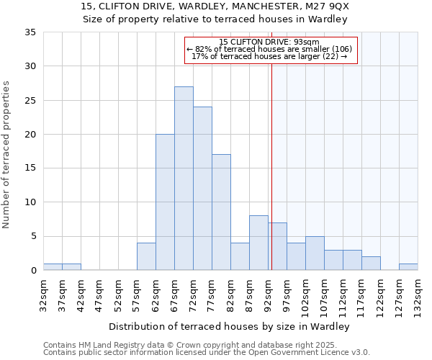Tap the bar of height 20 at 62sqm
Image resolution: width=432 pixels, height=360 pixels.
point(165,202)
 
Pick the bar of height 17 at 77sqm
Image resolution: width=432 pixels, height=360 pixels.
point(221,212)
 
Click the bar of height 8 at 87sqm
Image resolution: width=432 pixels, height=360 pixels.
point(258,243)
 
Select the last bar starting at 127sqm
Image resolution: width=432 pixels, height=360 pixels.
point(408,266)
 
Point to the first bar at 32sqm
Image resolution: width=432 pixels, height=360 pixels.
point(53,266)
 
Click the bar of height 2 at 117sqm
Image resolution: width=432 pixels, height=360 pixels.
point(371,264)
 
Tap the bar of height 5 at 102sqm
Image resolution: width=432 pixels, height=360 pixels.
point(315,253)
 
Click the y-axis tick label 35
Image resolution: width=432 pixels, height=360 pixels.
point(30,32)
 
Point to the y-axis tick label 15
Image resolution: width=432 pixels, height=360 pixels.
point(30,168)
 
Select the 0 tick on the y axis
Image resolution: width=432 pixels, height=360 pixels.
point(33,271)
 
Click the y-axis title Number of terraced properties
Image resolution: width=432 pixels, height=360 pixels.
point(7,155)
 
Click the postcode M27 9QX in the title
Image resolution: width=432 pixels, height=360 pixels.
point(323,6)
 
